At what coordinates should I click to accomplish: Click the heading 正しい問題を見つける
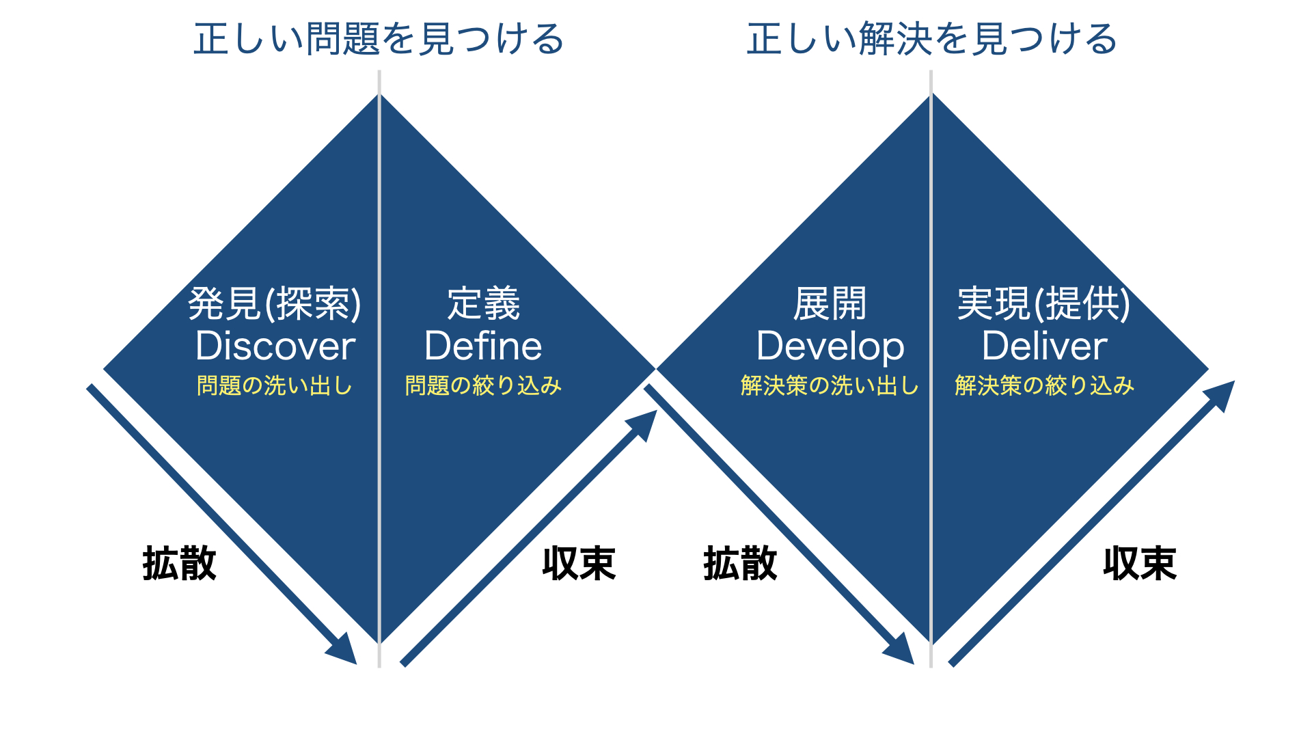(379, 39)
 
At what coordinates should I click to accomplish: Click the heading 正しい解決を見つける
(932, 39)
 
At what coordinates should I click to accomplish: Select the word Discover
(275, 346)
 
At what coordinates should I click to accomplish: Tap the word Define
(483, 346)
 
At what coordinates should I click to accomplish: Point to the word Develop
(830, 347)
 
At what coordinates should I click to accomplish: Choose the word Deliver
(1045, 346)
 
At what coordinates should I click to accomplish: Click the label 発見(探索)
(275, 303)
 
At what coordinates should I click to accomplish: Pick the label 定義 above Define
(484, 303)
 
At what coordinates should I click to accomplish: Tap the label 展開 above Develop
(830, 303)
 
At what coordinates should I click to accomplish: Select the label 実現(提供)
(1044, 303)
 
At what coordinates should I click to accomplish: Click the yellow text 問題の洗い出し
(275, 385)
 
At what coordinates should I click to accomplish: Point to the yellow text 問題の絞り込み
(483, 385)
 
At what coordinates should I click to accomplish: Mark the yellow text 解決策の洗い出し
(830, 385)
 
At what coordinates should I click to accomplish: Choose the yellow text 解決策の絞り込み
(1045, 385)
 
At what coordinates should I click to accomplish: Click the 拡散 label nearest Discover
(180, 564)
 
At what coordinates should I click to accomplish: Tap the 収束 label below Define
(579, 564)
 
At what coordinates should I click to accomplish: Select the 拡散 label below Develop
(741, 564)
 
